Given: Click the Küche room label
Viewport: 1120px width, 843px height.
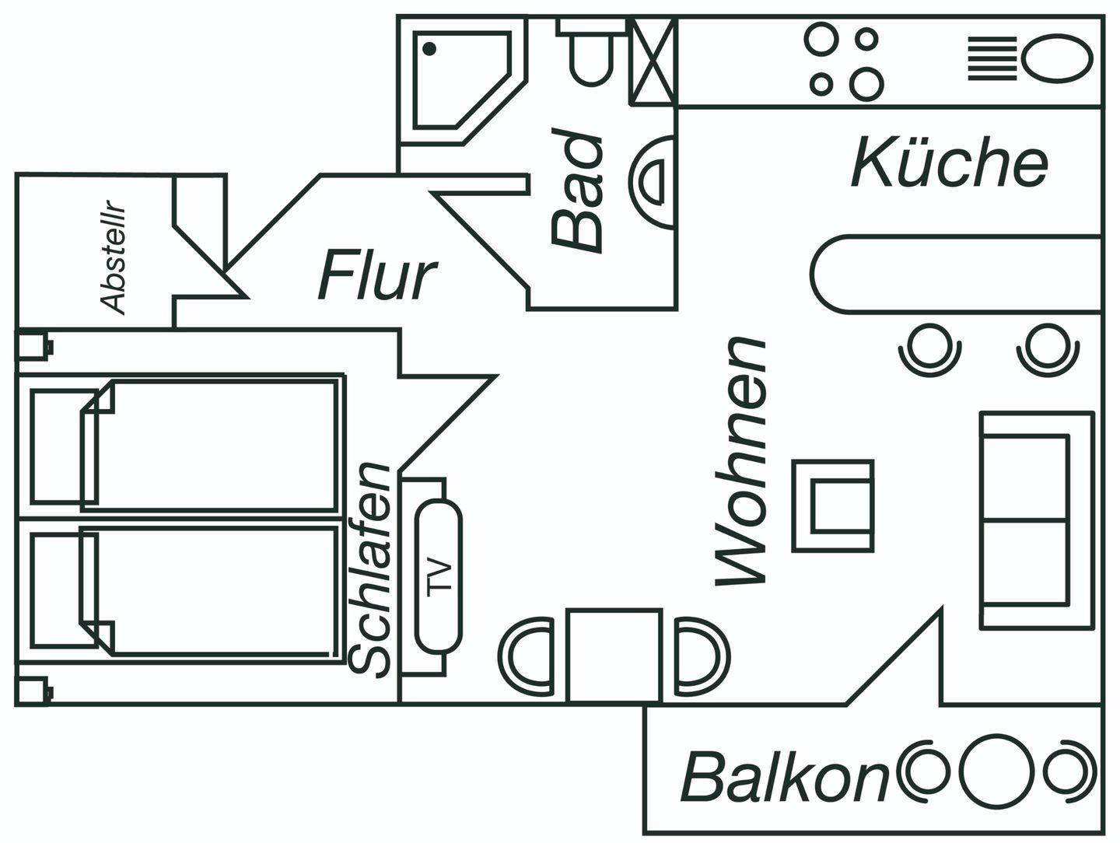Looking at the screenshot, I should tap(950, 163).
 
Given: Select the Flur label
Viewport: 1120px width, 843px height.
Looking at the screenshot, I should tap(376, 275).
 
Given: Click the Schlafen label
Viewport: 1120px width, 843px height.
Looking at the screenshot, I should tap(370, 568).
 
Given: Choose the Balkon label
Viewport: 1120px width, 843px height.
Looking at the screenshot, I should tap(784, 777).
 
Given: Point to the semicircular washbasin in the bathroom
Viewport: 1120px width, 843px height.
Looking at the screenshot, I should tap(651, 181).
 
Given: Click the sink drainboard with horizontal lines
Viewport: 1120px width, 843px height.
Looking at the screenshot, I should tap(992, 58).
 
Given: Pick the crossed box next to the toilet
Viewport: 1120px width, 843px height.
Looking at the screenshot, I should tap(652, 61).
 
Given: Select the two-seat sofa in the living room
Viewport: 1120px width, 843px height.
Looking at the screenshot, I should tap(1034, 519).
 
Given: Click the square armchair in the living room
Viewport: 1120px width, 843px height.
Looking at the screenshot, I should tap(833, 505).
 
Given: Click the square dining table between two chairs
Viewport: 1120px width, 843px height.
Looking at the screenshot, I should tap(614, 656).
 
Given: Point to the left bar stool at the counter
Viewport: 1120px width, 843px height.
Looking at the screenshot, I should tap(929, 348).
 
